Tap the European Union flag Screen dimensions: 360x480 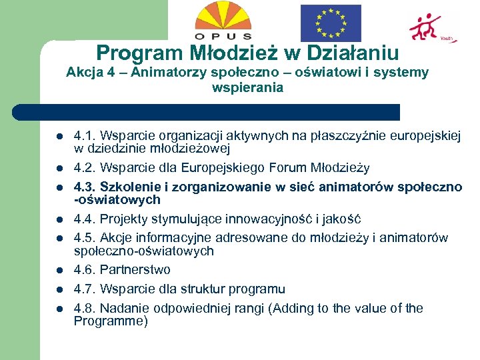click(330, 23)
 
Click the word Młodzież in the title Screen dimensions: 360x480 click(221, 53)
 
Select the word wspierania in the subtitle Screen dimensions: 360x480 click(247, 87)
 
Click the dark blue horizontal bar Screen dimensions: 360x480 click(207, 112)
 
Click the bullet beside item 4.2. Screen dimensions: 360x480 click(59, 168)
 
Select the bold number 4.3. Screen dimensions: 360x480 click(85, 187)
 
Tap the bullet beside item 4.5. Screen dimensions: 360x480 click(59, 238)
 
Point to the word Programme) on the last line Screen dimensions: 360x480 click(111, 321)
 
